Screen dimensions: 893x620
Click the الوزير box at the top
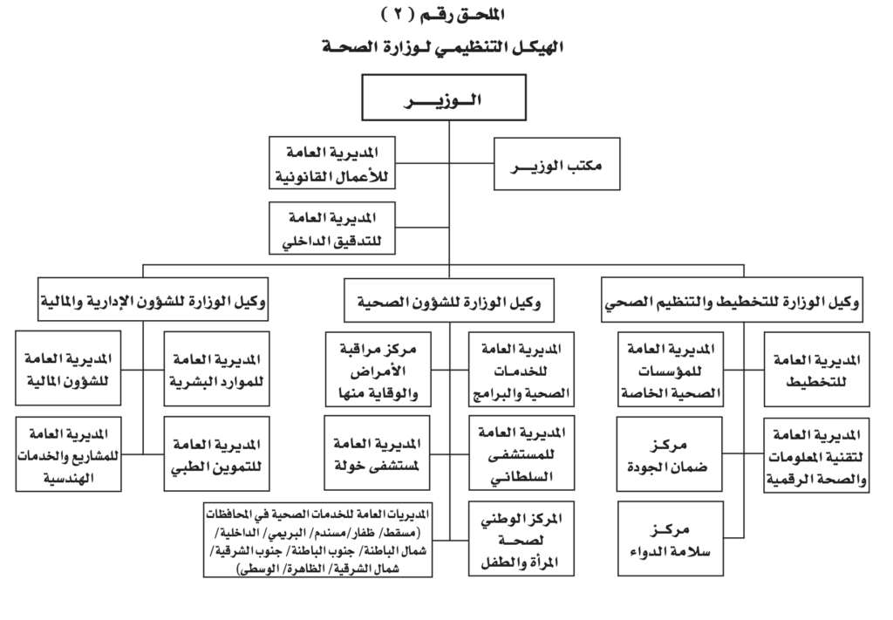coord(444,98)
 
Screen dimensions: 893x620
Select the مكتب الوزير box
coord(556,163)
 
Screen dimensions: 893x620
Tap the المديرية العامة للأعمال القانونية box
coord(332,163)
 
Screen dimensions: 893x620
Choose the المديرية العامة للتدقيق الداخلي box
coord(332,228)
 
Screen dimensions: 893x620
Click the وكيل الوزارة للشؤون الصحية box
coord(449,301)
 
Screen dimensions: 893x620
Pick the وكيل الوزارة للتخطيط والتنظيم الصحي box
coord(732,301)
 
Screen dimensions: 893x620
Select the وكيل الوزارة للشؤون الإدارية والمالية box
coord(153,299)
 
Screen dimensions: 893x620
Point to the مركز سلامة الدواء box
coord(671,539)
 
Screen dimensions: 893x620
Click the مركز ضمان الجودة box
coord(669,454)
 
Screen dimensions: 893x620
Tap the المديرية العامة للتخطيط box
coord(816,370)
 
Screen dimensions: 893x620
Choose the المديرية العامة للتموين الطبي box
coord(216,453)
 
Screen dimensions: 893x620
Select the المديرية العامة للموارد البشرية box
coord(216,369)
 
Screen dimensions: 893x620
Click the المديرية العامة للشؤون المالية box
coord(68,368)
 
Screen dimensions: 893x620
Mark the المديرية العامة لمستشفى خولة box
coord(377,453)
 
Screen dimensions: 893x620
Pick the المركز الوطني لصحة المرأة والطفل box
coord(521,539)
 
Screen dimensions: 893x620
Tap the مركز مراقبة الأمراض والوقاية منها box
coord(378,370)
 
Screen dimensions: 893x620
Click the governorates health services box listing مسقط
coord(317,540)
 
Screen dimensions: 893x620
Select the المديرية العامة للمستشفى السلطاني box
coord(521,453)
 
